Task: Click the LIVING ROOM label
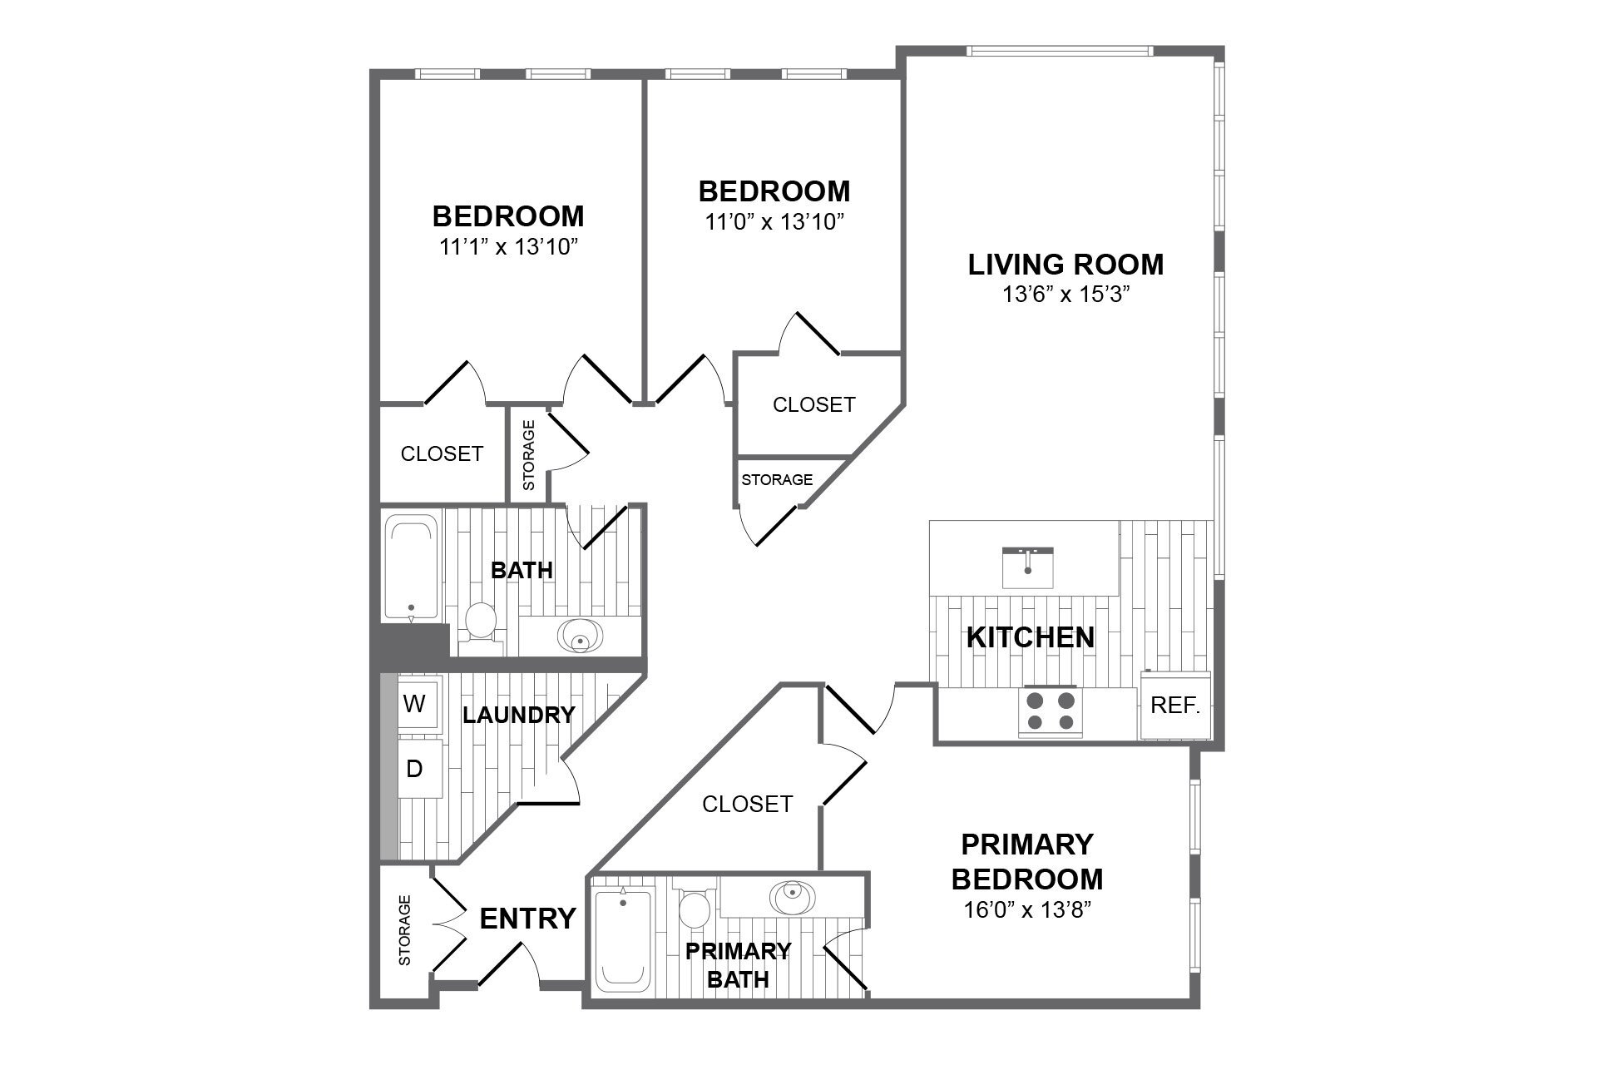point(1065,265)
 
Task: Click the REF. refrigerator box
point(1174,706)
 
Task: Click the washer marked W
point(414,704)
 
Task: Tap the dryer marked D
point(414,770)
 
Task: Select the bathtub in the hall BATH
point(411,568)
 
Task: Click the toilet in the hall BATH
point(480,624)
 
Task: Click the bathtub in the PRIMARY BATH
point(623,939)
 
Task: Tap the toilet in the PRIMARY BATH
point(693,909)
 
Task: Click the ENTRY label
point(527,919)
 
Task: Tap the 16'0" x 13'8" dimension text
point(1027,909)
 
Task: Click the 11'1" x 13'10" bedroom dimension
point(508,246)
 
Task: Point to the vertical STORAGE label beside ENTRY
point(405,930)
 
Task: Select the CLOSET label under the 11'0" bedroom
point(813,404)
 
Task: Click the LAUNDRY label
point(518,715)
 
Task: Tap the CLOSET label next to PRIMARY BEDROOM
point(747,804)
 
